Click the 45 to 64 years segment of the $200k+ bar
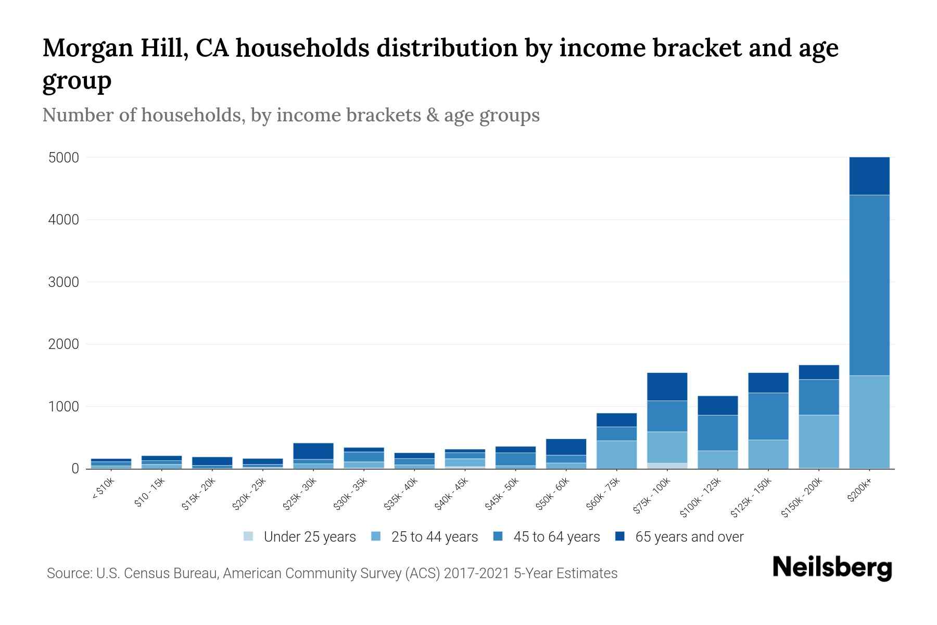coord(869,285)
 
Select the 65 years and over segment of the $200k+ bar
coord(869,176)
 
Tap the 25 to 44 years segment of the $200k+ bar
coord(869,421)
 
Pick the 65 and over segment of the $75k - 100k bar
coord(667,386)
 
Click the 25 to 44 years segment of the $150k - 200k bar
coord(819,441)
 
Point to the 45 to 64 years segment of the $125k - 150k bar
coord(768,416)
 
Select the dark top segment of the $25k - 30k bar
coord(313,451)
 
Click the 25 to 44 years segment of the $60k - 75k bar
coord(616,454)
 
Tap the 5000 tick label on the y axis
coord(64,158)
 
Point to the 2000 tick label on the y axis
coord(64,344)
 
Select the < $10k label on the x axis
coord(103,490)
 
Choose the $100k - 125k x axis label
coord(701,498)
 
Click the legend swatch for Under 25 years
coord(248,536)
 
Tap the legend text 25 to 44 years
coord(434,537)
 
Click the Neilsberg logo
coord(832,568)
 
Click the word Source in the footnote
coord(68,573)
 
